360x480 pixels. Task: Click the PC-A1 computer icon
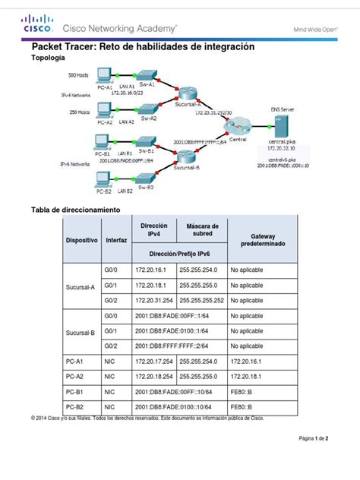[x=103, y=77]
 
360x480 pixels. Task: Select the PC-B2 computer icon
[x=102, y=179]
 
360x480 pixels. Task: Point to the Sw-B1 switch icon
[x=146, y=142]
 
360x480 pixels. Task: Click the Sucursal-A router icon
[x=187, y=93]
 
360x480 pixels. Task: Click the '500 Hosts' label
[x=79, y=76]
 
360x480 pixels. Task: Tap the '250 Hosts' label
[x=79, y=112]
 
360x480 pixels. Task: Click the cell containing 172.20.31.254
[x=153, y=300]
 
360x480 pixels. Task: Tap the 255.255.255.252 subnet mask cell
[x=203, y=300]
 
